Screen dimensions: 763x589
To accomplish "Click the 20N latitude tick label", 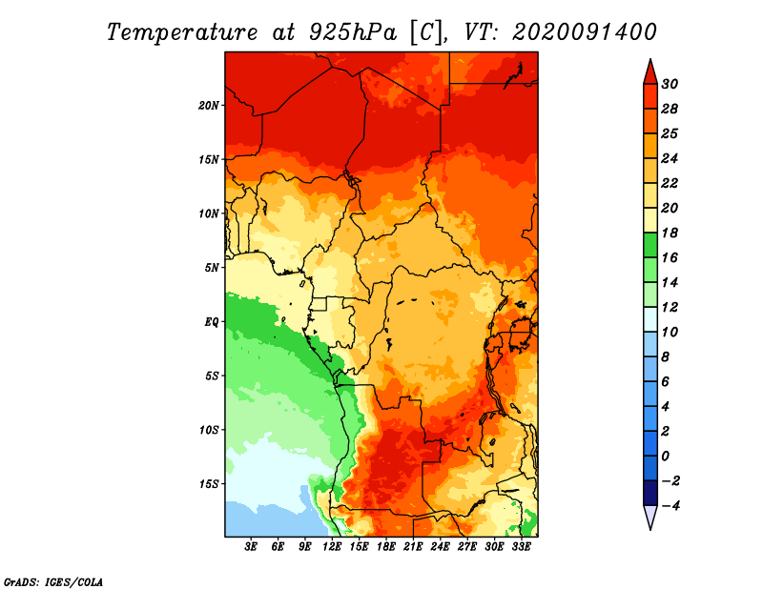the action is coord(209,105).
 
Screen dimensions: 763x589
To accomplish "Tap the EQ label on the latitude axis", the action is coord(212,322).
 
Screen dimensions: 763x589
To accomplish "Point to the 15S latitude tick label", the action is coord(209,484).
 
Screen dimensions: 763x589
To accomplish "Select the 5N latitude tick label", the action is coord(212,268).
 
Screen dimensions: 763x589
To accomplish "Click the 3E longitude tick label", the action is coord(251,546).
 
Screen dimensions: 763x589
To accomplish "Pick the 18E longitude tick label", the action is coord(386,546).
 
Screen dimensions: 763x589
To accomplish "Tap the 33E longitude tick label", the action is coord(521,546).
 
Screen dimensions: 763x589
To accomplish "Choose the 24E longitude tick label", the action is coord(440,546).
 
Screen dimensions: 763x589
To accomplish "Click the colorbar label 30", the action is coord(670,84).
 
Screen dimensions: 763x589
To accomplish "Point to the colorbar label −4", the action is coord(670,506).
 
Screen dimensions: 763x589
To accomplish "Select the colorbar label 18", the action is coord(670,233).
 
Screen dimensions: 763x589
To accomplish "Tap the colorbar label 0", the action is coord(666,457).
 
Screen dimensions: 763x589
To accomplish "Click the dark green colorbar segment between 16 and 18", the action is coord(650,245).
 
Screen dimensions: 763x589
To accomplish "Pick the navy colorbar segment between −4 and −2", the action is coord(650,493).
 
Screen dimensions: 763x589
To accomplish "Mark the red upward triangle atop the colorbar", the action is coord(650,72).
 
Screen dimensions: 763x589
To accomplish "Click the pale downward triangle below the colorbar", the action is coord(650,517).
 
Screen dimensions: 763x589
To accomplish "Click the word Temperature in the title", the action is coord(182,32).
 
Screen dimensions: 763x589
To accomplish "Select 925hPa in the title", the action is coord(353,32).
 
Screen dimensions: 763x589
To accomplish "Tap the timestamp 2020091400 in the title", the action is coord(585,32).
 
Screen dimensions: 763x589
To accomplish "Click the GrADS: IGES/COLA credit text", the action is coord(53,582).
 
